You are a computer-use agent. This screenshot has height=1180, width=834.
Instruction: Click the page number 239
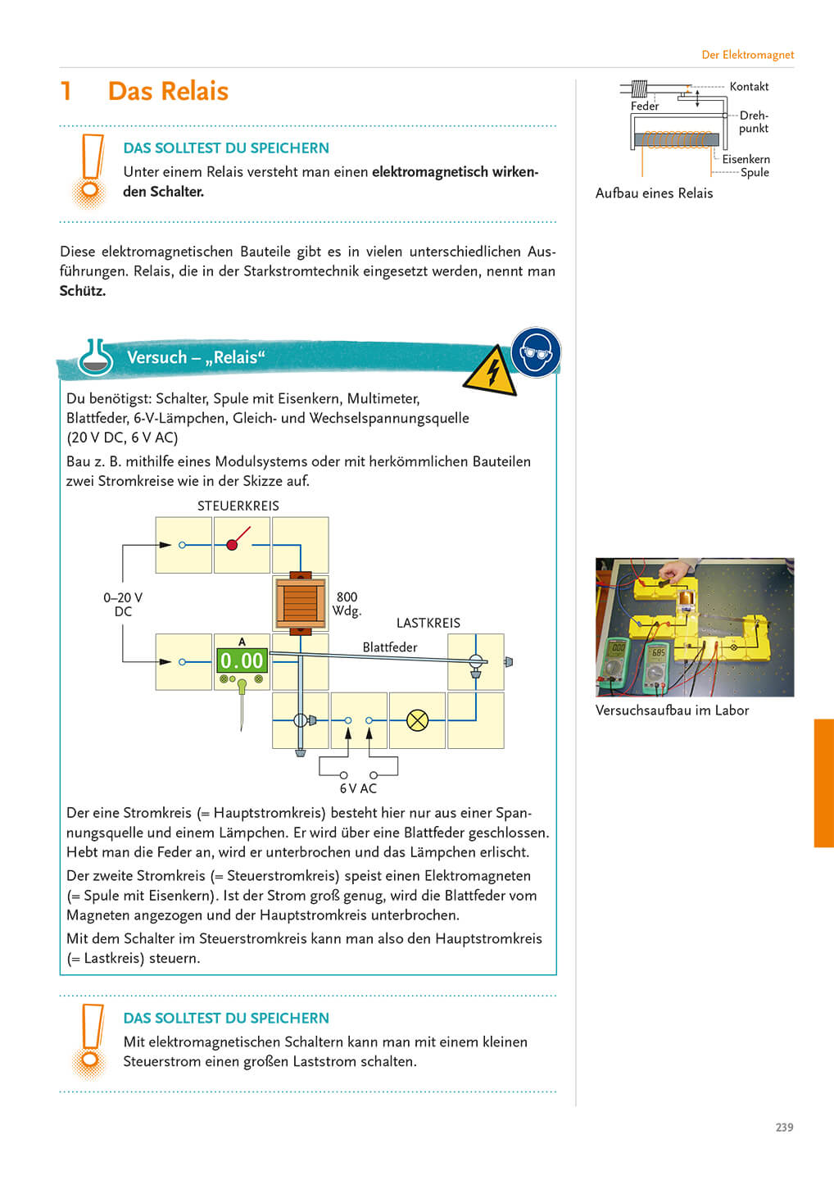[784, 1128]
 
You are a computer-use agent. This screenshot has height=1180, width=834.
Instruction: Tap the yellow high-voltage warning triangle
[491, 373]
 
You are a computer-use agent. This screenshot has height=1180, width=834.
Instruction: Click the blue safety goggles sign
[536, 352]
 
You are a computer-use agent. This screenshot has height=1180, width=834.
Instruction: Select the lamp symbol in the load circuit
[418, 720]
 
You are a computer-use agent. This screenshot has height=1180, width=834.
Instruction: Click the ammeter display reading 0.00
[242, 660]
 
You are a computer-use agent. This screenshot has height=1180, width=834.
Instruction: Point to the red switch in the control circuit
[235, 542]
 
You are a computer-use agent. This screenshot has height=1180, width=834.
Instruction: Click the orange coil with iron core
[300, 602]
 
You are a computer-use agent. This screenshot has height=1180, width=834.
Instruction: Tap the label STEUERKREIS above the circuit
[238, 506]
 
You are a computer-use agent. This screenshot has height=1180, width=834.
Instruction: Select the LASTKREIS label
[428, 623]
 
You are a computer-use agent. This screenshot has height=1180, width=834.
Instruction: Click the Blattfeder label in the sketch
[390, 647]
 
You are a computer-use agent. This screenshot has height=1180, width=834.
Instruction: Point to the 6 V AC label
[358, 788]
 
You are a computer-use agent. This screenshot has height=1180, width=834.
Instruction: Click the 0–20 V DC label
[123, 605]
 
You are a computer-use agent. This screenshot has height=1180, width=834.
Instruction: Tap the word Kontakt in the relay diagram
[749, 87]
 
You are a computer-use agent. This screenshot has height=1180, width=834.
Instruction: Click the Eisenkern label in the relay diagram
[746, 159]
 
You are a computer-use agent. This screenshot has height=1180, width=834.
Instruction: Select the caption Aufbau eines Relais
[654, 193]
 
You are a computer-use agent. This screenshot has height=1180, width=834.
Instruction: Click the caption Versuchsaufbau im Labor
[672, 710]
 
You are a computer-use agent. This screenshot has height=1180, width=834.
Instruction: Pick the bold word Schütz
[83, 291]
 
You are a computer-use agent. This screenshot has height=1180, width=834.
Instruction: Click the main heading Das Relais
[168, 91]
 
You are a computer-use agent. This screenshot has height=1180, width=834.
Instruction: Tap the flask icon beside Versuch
[95, 357]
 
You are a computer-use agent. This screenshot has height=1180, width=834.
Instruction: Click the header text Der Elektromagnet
[747, 55]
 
